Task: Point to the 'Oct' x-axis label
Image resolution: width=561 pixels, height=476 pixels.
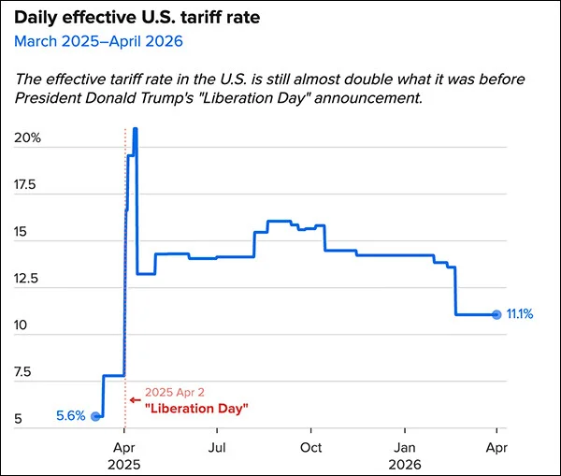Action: pos(312,448)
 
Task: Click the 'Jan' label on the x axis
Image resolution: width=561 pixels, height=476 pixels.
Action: pos(405,448)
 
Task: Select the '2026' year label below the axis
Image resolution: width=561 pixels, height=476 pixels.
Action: pos(405,464)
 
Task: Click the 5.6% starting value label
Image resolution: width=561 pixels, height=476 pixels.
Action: pos(71,416)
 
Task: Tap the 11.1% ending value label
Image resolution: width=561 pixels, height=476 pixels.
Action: pos(519,314)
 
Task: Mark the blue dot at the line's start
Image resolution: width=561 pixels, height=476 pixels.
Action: pos(95,416)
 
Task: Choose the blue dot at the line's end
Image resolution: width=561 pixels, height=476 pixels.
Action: pos(496,314)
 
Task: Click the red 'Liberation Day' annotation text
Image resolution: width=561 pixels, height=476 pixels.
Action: pos(196,409)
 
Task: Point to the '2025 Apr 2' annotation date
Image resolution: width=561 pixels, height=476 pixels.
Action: pos(174,394)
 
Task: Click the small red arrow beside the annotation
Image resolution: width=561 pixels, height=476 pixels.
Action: pos(134,398)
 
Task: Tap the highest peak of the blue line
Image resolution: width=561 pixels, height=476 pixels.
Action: pos(136,129)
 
